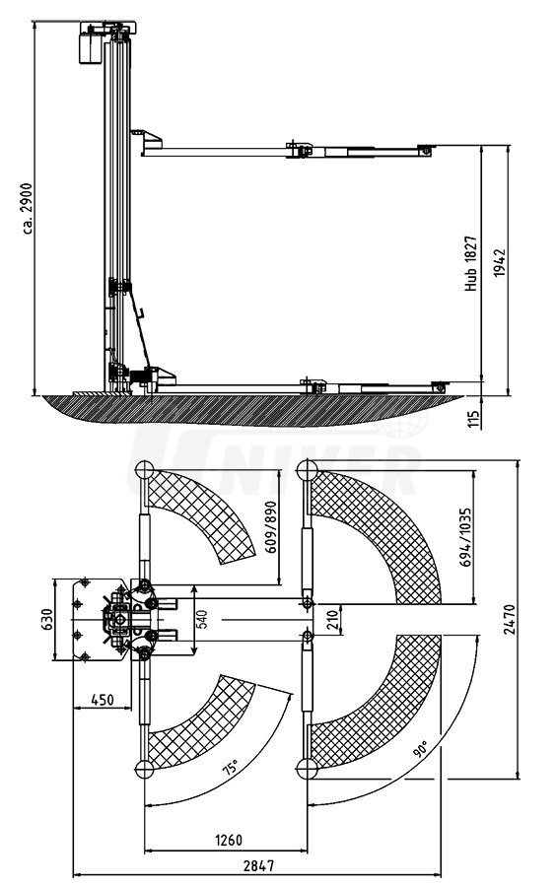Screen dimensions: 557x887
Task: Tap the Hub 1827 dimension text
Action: [471, 264]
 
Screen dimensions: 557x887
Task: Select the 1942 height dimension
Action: [499, 263]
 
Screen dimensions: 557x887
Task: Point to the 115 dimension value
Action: [474, 418]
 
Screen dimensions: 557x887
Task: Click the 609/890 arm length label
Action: [270, 527]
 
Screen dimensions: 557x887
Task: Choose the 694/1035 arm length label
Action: [465, 537]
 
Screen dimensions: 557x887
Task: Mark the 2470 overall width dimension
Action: [510, 620]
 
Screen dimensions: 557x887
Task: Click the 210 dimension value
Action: [333, 620]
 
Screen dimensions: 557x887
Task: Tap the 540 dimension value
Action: [203, 619]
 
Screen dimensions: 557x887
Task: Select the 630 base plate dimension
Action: [47, 619]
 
